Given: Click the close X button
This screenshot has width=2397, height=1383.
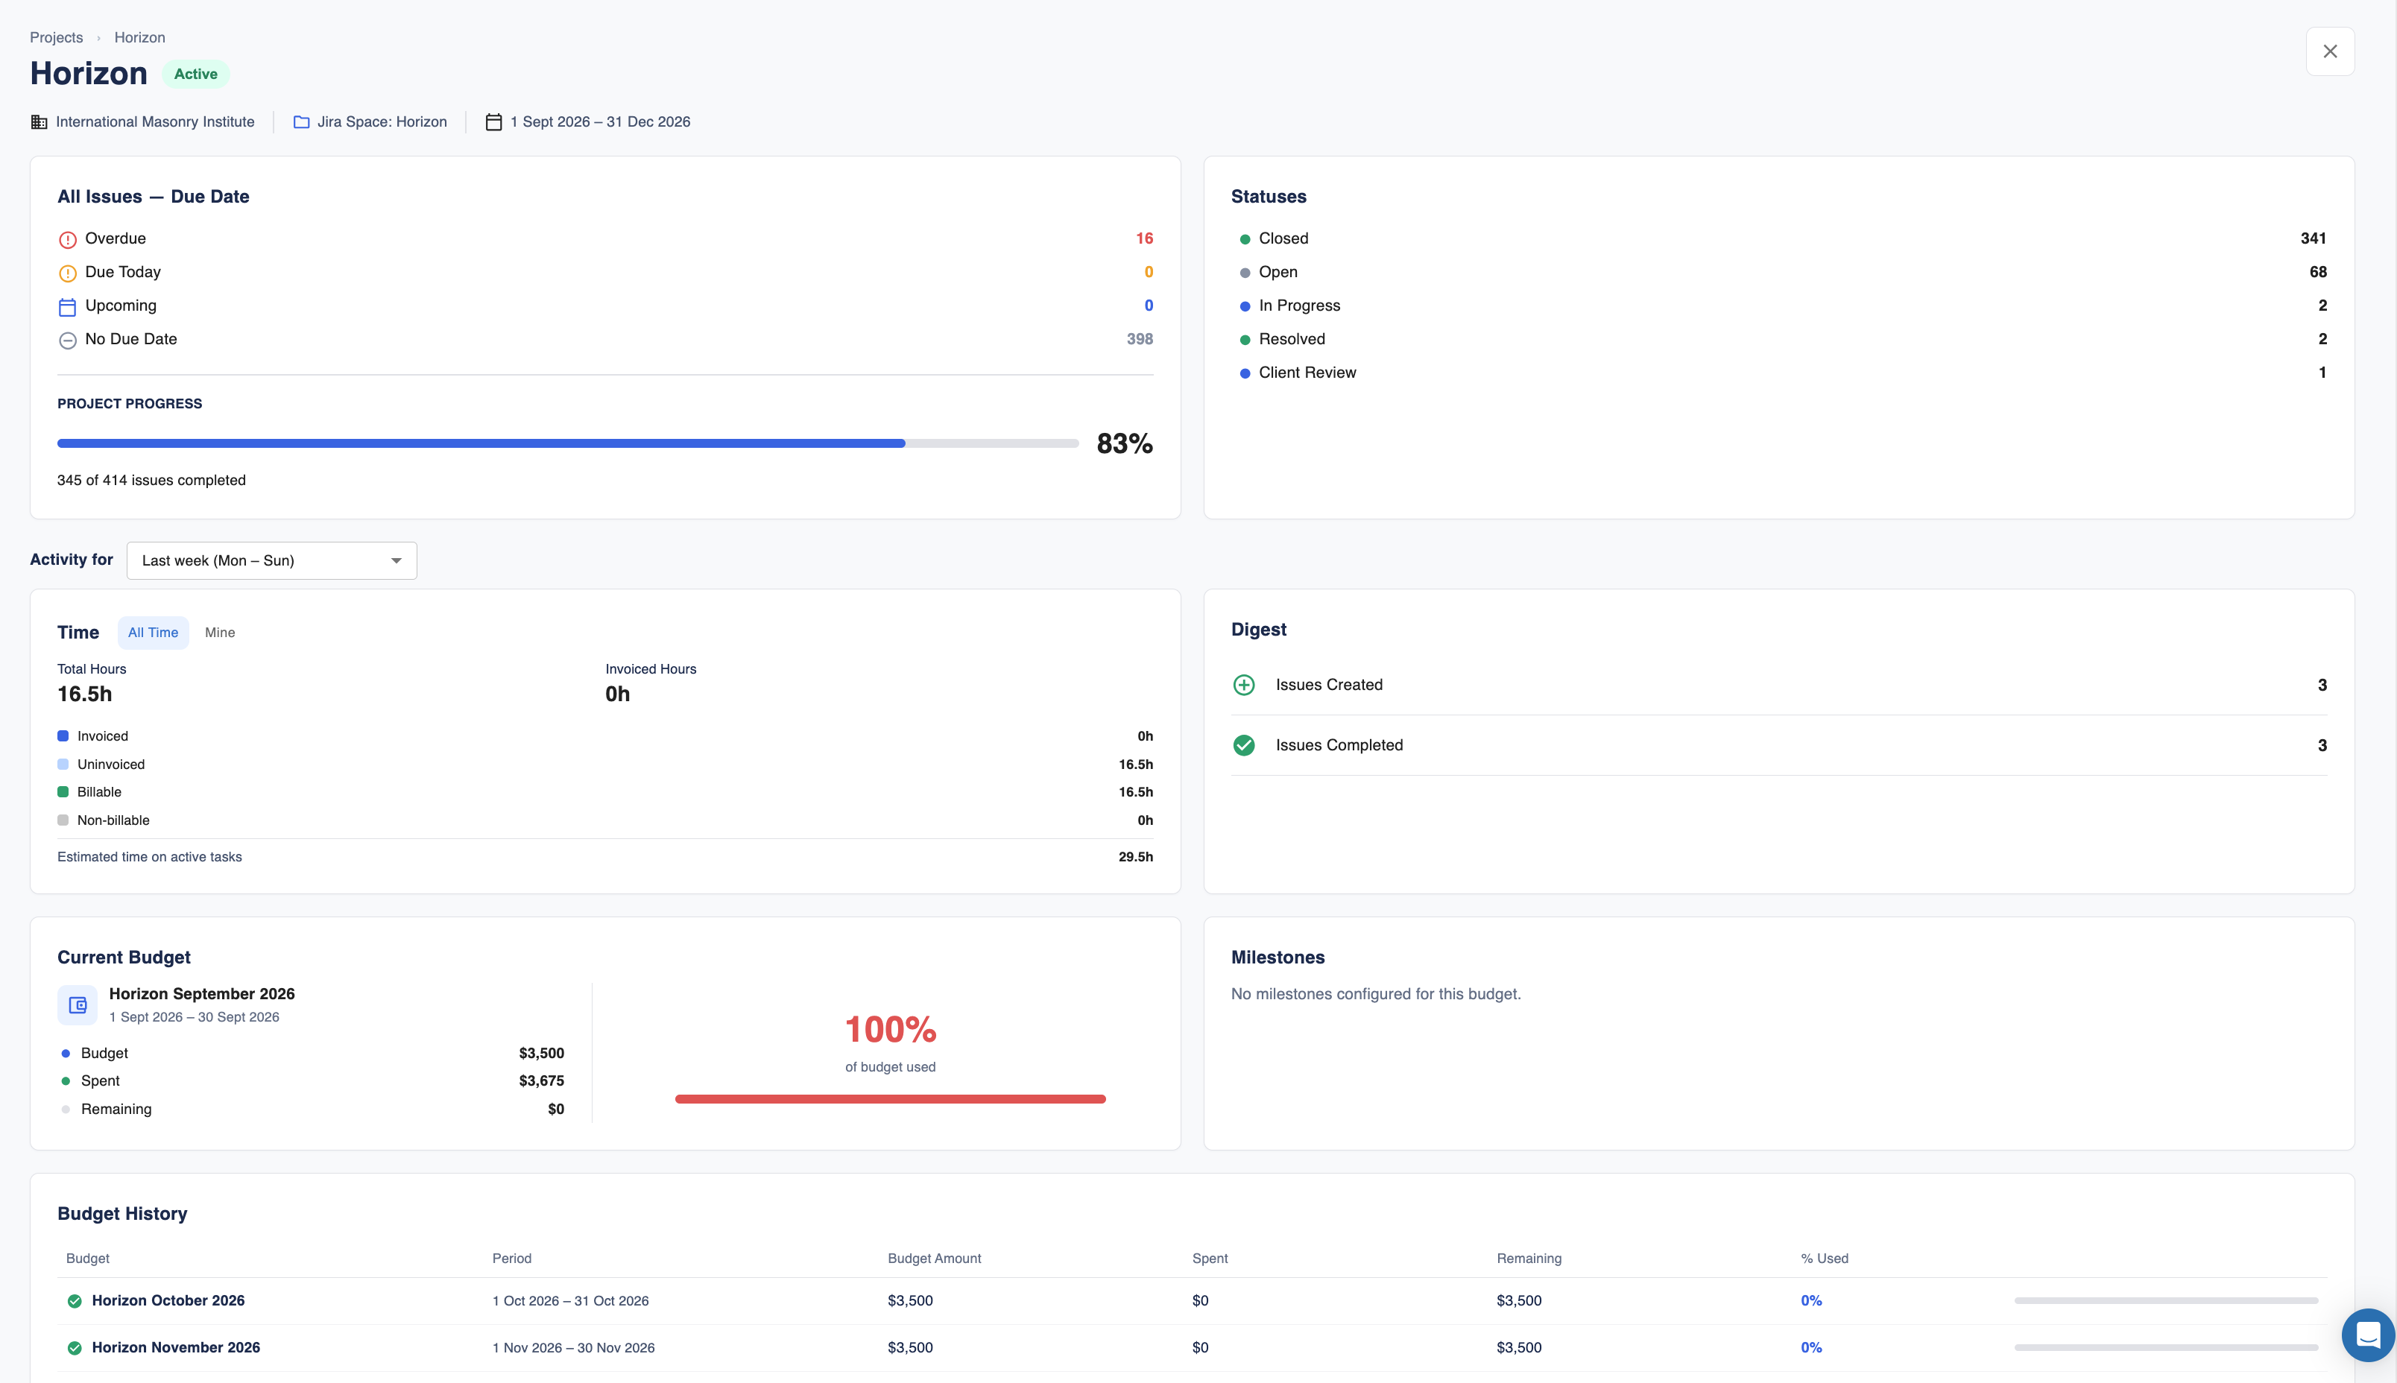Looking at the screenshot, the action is (2329, 51).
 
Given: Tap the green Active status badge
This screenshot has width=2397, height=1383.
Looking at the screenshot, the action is (196, 74).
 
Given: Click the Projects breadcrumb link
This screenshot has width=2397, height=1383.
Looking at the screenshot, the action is (56, 37).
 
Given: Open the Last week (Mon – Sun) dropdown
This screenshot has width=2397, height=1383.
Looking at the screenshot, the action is (272, 560).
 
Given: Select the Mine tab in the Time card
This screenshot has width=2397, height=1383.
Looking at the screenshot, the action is (219, 633).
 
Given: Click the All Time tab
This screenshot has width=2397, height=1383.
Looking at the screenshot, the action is (153, 633).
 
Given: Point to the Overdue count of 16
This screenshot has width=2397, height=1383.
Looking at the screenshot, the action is (1144, 238).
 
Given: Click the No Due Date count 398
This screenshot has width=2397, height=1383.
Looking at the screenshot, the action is (1139, 339).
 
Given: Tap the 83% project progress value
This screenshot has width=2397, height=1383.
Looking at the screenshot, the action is (1125, 443).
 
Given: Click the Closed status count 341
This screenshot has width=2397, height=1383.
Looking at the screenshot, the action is (2314, 238).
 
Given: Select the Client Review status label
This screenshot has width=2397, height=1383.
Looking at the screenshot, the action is (1307, 373).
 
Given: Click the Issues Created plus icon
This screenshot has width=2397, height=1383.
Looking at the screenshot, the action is (1244, 685).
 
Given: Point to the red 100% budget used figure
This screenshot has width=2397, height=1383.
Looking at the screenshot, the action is (890, 1030).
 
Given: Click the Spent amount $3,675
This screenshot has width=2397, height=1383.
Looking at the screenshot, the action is (542, 1081).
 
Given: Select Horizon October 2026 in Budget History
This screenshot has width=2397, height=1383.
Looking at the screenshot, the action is (168, 1300).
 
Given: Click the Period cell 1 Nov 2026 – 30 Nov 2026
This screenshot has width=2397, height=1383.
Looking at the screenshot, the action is (573, 1348).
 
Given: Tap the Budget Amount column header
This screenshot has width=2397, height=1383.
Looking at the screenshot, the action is (934, 1259).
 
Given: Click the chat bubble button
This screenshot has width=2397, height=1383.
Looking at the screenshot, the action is (2369, 1335).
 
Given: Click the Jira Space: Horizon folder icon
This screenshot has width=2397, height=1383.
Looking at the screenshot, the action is (301, 122).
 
